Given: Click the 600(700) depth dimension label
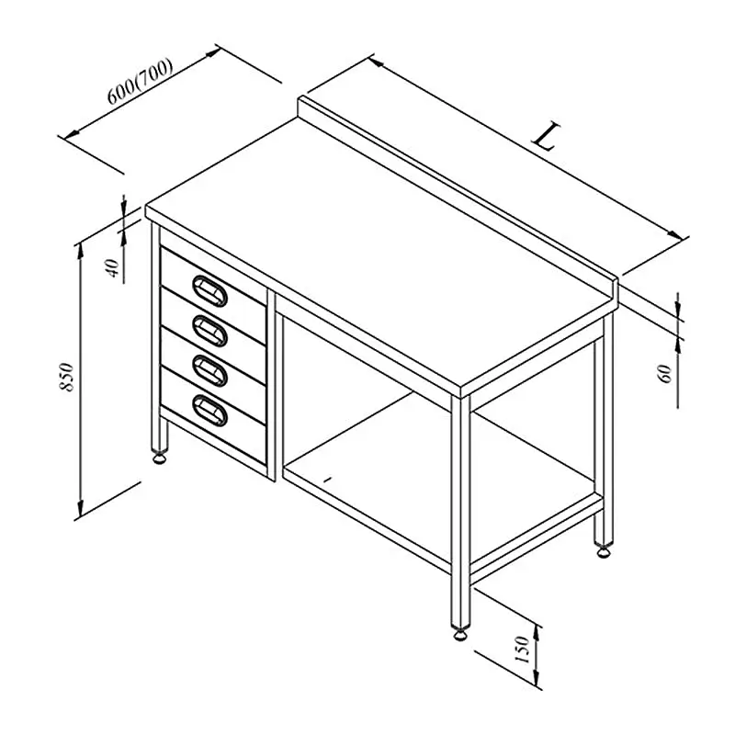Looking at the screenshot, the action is (x=140, y=81).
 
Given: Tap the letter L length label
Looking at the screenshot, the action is (x=546, y=136).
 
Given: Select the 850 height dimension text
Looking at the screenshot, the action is (x=67, y=377).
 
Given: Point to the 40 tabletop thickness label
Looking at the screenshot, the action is (x=113, y=267).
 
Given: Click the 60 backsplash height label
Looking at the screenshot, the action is (x=666, y=374).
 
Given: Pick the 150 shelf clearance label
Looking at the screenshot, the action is (x=522, y=650).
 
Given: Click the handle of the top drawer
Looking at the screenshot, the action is (x=210, y=291).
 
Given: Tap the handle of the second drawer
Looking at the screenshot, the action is (x=210, y=331).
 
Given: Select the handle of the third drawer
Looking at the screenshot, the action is (x=210, y=371).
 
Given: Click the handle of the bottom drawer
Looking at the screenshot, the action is (x=210, y=411).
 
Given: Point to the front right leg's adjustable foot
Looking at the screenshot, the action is (x=460, y=634).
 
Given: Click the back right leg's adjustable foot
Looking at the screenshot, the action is (x=604, y=551).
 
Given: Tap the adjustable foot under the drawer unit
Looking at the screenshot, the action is (x=159, y=458).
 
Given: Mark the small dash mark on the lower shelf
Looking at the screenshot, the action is (x=328, y=479).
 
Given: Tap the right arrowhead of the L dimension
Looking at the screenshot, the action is (x=675, y=234).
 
